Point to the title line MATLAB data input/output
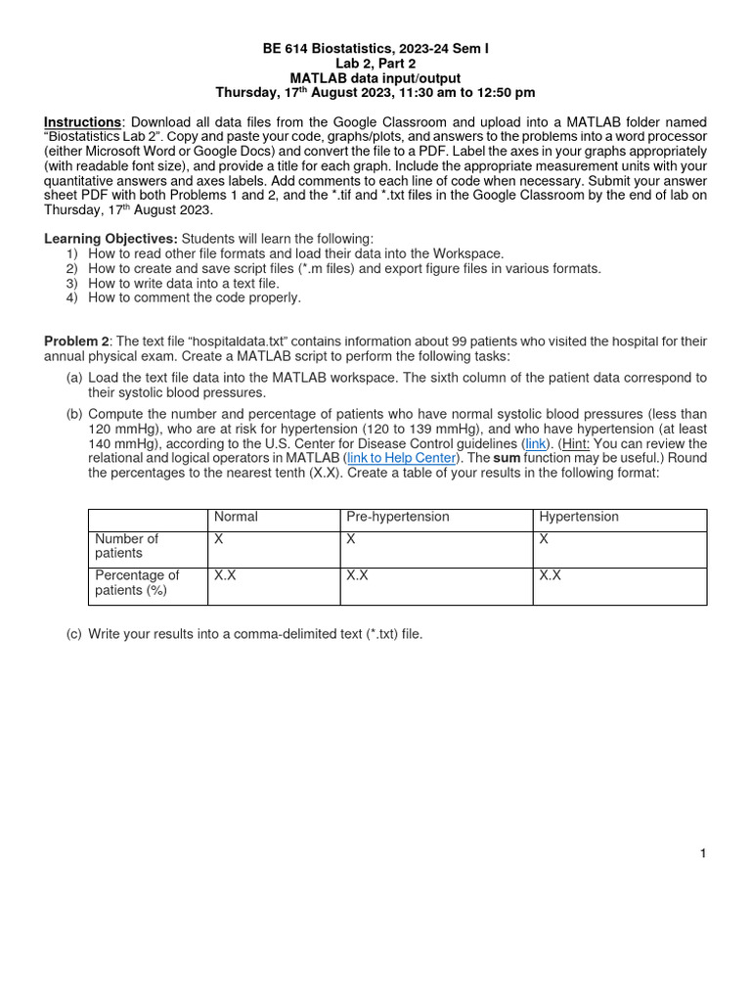pyautogui.click(x=375, y=77)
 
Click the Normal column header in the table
pyautogui.click(x=236, y=517)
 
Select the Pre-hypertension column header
pyautogui.click(x=396, y=517)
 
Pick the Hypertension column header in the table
pyautogui.click(x=578, y=517)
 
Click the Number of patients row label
pyautogui.click(x=125, y=546)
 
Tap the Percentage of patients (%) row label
pyautogui.click(x=136, y=583)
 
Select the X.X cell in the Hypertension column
pyautogui.click(x=550, y=576)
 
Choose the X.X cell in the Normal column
pyautogui.click(x=225, y=576)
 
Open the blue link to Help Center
pyautogui.click(x=401, y=458)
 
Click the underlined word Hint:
pyautogui.click(x=575, y=443)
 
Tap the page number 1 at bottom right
pyautogui.click(x=702, y=854)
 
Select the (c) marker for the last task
pyautogui.click(x=74, y=634)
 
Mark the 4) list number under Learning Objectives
pyautogui.click(x=72, y=297)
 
